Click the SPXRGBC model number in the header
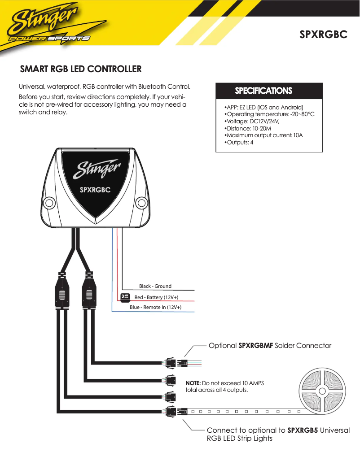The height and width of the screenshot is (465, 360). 324,35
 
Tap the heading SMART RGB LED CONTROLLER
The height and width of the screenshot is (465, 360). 81,69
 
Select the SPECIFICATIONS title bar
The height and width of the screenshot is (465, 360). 269,91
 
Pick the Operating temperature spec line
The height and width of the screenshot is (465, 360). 269,114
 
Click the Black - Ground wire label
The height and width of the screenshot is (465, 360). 155,286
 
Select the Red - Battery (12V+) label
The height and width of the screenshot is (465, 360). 156,297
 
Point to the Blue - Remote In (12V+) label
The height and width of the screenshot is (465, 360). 155,307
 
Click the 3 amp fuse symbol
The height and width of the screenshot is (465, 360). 125,296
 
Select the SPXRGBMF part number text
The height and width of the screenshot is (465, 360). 255,346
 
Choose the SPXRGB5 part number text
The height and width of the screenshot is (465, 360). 302,430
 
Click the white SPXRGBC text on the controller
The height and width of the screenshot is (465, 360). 95,190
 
